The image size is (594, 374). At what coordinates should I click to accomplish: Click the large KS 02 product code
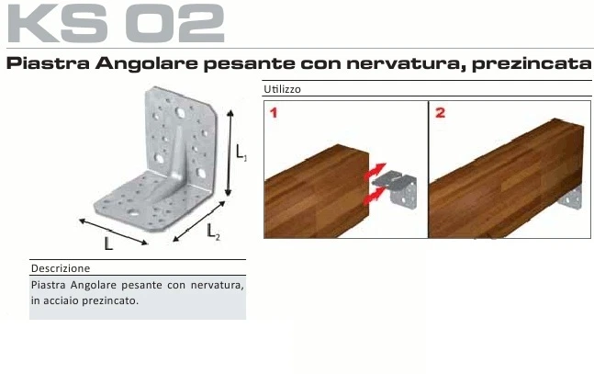[117, 24]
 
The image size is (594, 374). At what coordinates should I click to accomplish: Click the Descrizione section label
[61, 268]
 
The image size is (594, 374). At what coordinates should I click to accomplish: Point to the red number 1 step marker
[274, 113]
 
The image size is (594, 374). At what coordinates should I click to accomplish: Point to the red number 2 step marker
[441, 113]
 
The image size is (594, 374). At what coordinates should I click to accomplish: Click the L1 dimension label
[241, 153]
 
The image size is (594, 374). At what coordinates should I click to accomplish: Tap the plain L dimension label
[108, 244]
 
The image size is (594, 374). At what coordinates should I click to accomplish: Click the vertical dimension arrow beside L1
[230, 152]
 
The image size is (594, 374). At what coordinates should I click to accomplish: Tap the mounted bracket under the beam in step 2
[574, 196]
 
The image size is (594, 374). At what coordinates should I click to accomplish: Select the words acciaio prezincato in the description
[94, 300]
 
